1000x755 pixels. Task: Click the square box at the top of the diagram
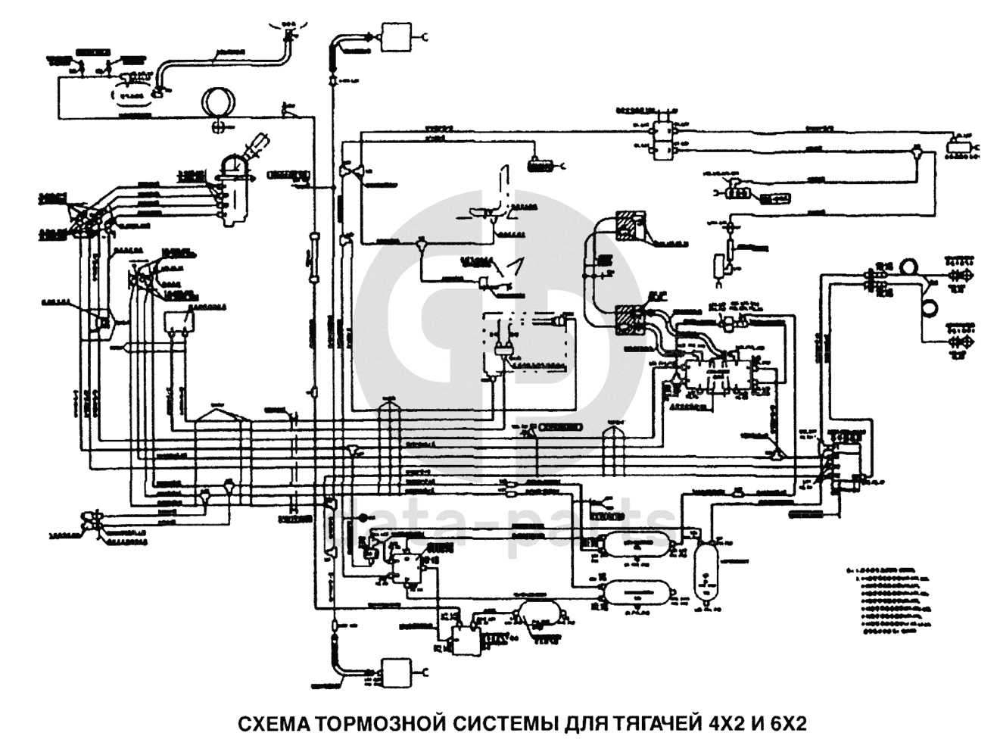394,36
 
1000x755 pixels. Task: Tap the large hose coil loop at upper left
218,101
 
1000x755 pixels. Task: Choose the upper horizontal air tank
635,544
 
